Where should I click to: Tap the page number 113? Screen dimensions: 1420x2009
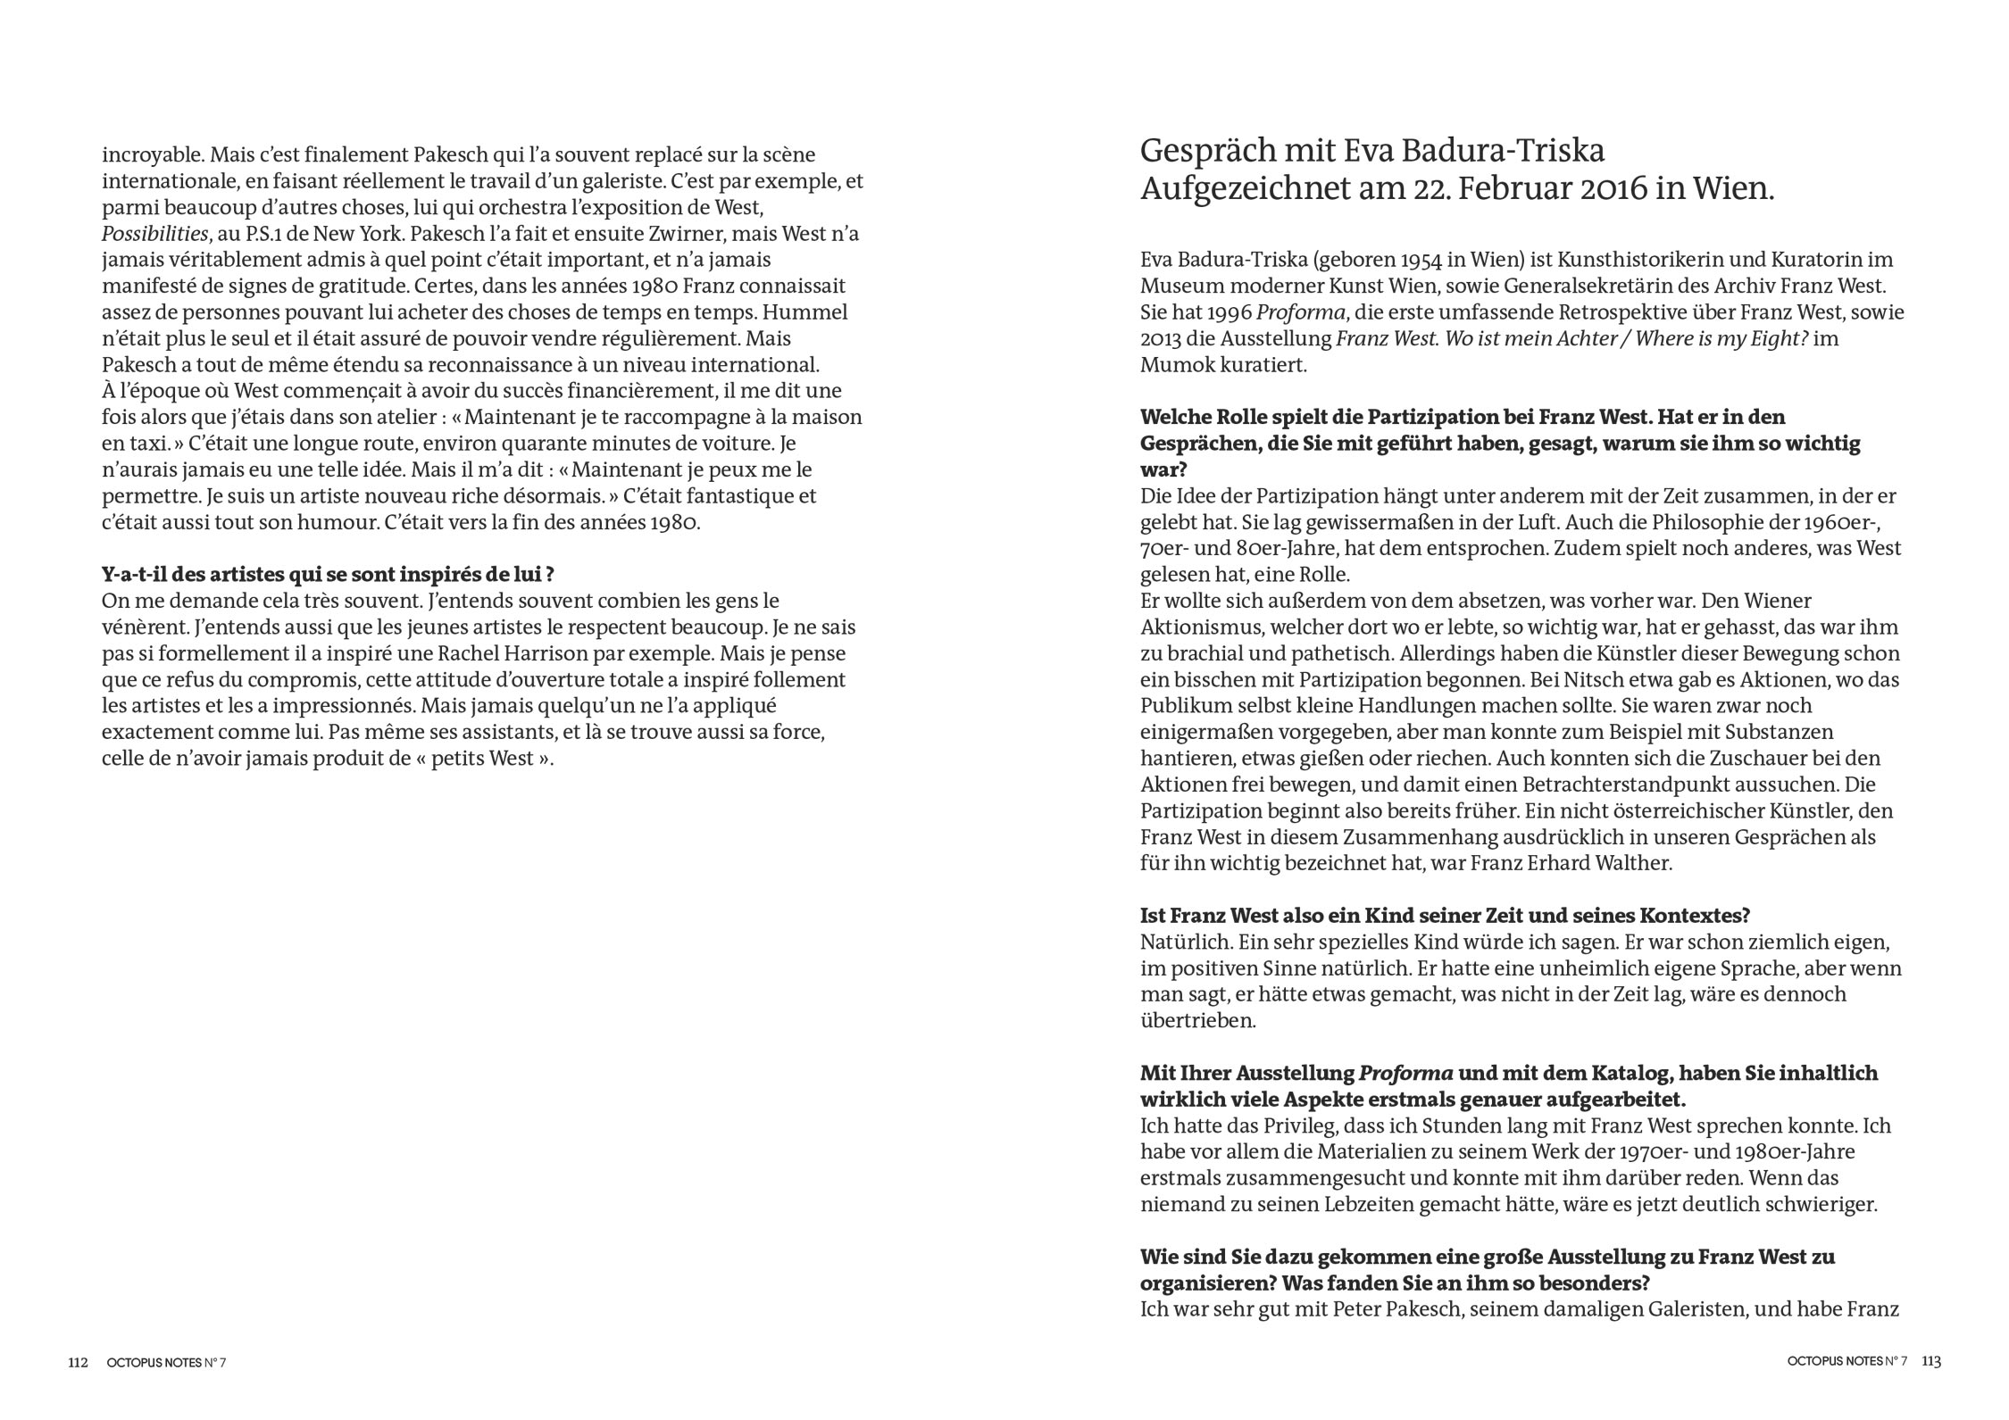pos(1931,1361)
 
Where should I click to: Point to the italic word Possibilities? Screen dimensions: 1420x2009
pos(155,234)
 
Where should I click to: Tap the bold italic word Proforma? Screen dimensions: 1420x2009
pos(1405,1073)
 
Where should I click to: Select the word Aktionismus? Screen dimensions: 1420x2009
pos(1196,627)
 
